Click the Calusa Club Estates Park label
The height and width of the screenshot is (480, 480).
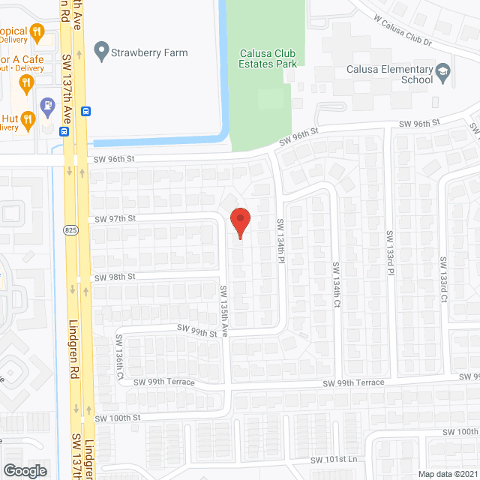[x=268, y=58]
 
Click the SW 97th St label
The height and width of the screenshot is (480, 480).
[x=115, y=219]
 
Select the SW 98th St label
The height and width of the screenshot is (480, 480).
[x=115, y=277]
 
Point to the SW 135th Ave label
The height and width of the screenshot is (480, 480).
[x=223, y=310]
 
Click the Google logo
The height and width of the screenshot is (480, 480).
[x=25, y=470]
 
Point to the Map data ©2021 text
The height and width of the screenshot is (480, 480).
[x=447, y=473]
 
